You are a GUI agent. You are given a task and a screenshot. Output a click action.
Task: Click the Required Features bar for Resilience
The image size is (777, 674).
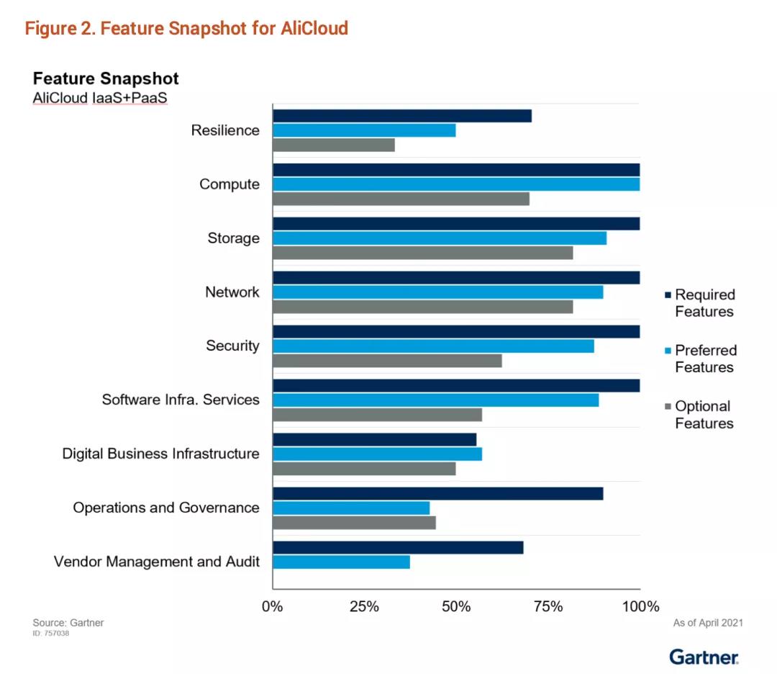[x=402, y=116]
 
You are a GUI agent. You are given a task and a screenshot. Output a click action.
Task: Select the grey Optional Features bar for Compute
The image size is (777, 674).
[x=401, y=199]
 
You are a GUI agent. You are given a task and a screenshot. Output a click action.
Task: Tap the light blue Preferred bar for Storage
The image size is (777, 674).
[x=440, y=238]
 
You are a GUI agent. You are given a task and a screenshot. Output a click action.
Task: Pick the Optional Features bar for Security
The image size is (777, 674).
[x=387, y=361]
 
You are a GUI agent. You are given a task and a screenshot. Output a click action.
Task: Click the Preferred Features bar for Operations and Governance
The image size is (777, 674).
[x=351, y=508]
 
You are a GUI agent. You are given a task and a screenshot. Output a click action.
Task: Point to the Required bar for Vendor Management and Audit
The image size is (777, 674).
[x=398, y=547]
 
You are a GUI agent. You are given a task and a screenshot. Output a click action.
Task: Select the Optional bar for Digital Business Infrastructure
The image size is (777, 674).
[x=364, y=469]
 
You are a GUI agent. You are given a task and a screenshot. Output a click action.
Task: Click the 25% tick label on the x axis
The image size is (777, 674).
[x=364, y=606]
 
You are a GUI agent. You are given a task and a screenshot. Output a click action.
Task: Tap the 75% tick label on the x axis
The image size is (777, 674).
[x=548, y=606]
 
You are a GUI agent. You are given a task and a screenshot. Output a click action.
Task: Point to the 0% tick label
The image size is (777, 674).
[x=273, y=606]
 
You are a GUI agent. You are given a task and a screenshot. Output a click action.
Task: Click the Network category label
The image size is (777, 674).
[x=232, y=292]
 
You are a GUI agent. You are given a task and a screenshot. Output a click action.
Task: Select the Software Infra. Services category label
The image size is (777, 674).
[x=180, y=400]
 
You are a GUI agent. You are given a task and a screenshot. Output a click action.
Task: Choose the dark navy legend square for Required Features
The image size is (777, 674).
[x=667, y=295]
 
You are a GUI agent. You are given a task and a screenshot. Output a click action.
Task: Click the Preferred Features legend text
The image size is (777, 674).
[x=705, y=359]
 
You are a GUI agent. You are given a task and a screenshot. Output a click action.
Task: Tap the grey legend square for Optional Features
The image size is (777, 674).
[x=667, y=407]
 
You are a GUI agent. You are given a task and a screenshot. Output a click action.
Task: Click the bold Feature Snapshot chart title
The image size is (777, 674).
[x=106, y=78]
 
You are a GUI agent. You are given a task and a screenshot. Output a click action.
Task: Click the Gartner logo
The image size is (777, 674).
[x=704, y=656]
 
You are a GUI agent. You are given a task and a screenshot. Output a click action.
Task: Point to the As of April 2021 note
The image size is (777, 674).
[x=707, y=623]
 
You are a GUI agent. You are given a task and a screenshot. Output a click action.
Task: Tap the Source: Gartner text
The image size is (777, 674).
[x=68, y=623]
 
